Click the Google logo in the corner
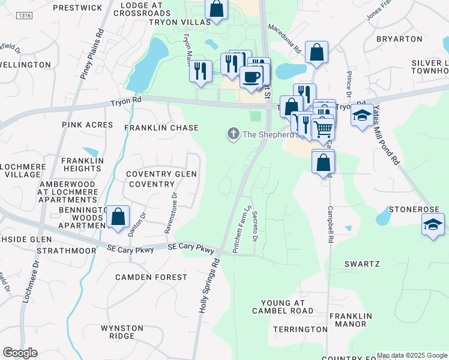point(20,353)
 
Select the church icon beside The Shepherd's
point(233,134)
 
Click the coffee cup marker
point(251,76)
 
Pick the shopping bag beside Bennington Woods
point(119,217)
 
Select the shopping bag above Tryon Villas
point(217,8)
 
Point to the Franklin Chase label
point(161,128)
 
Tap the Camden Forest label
point(152,277)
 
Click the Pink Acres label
point(87,125)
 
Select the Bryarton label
point(399,39)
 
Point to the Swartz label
point(362,264)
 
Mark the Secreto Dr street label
point(255,227)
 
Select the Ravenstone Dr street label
point(170,213)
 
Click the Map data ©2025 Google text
point(412,355)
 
